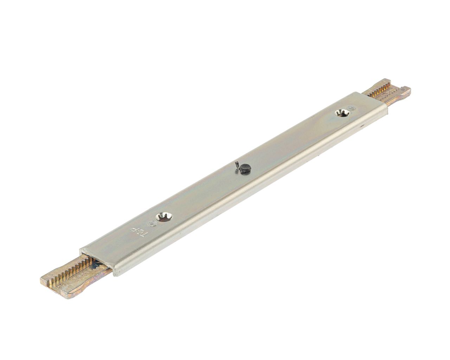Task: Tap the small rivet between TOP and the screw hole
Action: (152, 223)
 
